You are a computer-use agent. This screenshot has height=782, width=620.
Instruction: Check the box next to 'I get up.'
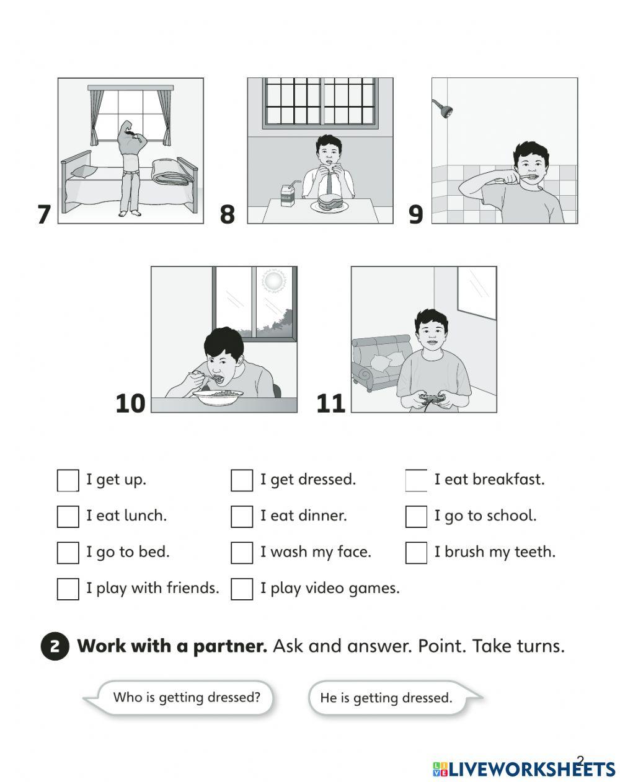(68, 480)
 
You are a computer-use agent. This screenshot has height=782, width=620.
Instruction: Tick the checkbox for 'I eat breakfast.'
(417, 480)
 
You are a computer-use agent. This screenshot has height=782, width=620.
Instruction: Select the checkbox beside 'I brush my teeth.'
(417, 553)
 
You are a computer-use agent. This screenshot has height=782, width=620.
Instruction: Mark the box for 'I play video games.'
(242, 589)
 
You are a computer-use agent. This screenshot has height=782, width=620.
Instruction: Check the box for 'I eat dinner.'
(242, 517)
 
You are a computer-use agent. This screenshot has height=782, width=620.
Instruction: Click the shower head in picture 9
(443, 108)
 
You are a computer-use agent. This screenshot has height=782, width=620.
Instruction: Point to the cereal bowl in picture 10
(218, 398)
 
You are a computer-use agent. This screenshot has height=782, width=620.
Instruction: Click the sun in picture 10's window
(273, 280)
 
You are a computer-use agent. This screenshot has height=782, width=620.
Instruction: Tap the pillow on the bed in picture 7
(84, 172)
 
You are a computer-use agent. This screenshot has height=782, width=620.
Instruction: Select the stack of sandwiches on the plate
(329, 201)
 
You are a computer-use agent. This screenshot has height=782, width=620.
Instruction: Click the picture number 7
(44, 214)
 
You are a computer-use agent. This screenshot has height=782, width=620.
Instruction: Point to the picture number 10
(130, 403)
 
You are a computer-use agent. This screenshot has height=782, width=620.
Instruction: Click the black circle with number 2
(55, 647)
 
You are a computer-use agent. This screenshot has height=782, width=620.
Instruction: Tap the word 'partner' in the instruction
(230, 647)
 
